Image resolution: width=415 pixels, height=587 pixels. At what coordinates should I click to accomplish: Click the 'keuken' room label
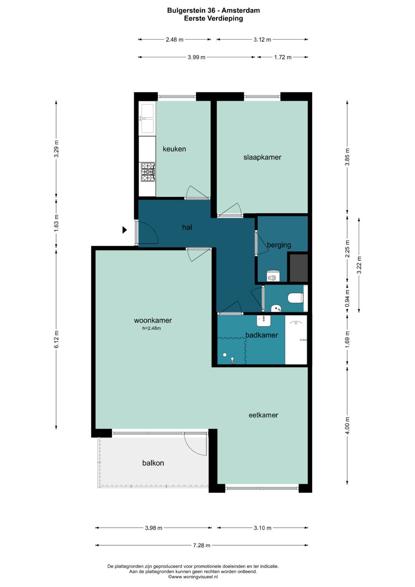click(x=174, y=149)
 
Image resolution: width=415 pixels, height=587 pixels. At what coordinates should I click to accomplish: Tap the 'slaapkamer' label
click(x=262, y=157)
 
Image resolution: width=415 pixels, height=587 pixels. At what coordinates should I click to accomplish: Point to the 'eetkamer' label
click(x=263, y=415)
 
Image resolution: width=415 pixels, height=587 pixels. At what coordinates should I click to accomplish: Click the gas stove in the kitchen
click(x=148, y=172)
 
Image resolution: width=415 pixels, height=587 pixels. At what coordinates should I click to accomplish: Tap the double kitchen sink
click(x=148, y=119)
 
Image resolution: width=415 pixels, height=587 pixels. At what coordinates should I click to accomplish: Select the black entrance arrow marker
click(x=125, y=230)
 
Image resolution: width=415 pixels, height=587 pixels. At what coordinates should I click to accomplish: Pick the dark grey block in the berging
click(x=299, y=267)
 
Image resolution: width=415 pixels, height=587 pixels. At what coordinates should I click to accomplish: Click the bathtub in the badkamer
click(x=296, y=339)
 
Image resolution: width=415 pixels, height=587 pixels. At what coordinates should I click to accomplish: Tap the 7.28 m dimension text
click(x=202, y=545)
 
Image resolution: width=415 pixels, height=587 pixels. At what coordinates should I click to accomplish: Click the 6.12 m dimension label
click(x=56, y=339)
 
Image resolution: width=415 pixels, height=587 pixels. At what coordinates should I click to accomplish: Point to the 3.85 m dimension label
click(x=347, y=157)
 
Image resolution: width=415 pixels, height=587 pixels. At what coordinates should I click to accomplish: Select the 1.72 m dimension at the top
click(x=283, y=57)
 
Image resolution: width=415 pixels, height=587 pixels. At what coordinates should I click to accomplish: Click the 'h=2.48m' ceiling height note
click(x=151, y=328)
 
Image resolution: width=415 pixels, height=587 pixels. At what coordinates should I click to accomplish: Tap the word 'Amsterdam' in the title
click(x=241, y=10)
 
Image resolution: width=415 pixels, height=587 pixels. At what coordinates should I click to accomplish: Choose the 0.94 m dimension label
click(x=347, y=298)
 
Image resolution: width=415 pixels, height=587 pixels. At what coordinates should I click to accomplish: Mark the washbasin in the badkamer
click(x=264, y=321)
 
